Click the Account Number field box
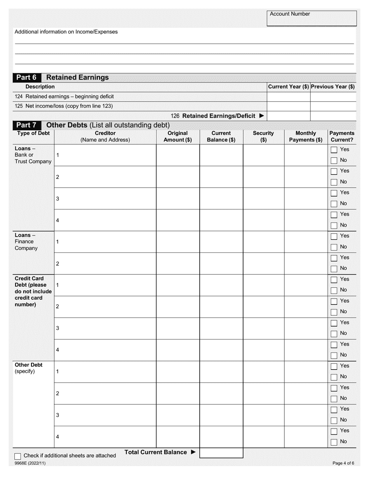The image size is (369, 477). pos(312,19)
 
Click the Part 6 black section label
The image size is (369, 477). pos(26,77)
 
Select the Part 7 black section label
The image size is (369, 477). pos(26,125)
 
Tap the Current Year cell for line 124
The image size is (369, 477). pos(288,97)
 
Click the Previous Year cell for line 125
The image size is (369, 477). pos(333,106)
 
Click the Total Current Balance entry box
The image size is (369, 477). pos(221,453)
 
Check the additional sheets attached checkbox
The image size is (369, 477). pos(18,456)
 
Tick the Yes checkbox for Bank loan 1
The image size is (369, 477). pos(334,150)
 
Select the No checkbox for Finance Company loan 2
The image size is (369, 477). pos(334,269)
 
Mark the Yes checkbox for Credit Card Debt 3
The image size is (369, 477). pos(334,323)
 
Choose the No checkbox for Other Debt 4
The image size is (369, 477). pos(334,442)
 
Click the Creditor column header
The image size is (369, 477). pos(105,137)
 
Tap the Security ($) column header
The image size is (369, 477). pos(263,137)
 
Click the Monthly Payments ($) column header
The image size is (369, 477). pos(306,137)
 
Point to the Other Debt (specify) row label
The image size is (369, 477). pos(29,368)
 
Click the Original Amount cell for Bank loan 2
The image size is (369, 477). pos(178,177)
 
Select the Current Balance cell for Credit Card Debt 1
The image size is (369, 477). pos(221,285)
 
